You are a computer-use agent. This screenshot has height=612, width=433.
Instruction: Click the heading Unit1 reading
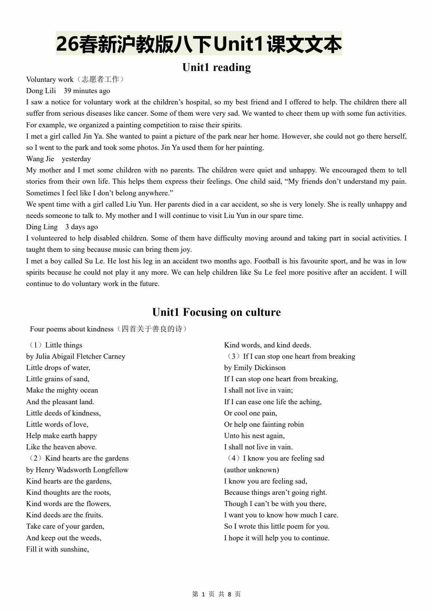coord(216,67)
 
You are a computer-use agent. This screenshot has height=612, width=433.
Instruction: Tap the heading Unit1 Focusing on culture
coord(216,312)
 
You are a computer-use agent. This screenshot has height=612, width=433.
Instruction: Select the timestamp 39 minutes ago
coord(87,91)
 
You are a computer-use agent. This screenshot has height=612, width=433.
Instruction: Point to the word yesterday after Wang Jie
coord(76,159)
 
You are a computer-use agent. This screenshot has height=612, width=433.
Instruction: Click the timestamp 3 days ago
coord(82,227)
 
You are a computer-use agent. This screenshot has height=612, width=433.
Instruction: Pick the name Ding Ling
coord(42,227)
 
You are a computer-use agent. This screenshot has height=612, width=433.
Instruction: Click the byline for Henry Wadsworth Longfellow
coord(77,470)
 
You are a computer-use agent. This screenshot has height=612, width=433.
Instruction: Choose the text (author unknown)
coord(251,470)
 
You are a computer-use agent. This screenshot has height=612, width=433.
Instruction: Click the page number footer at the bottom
coord(216,594)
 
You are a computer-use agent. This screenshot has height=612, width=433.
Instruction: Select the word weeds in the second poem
coord(92,538)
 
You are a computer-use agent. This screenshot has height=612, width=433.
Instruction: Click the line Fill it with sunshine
coord(57,549)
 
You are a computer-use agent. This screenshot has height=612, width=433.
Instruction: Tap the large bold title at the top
coord(199,44)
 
